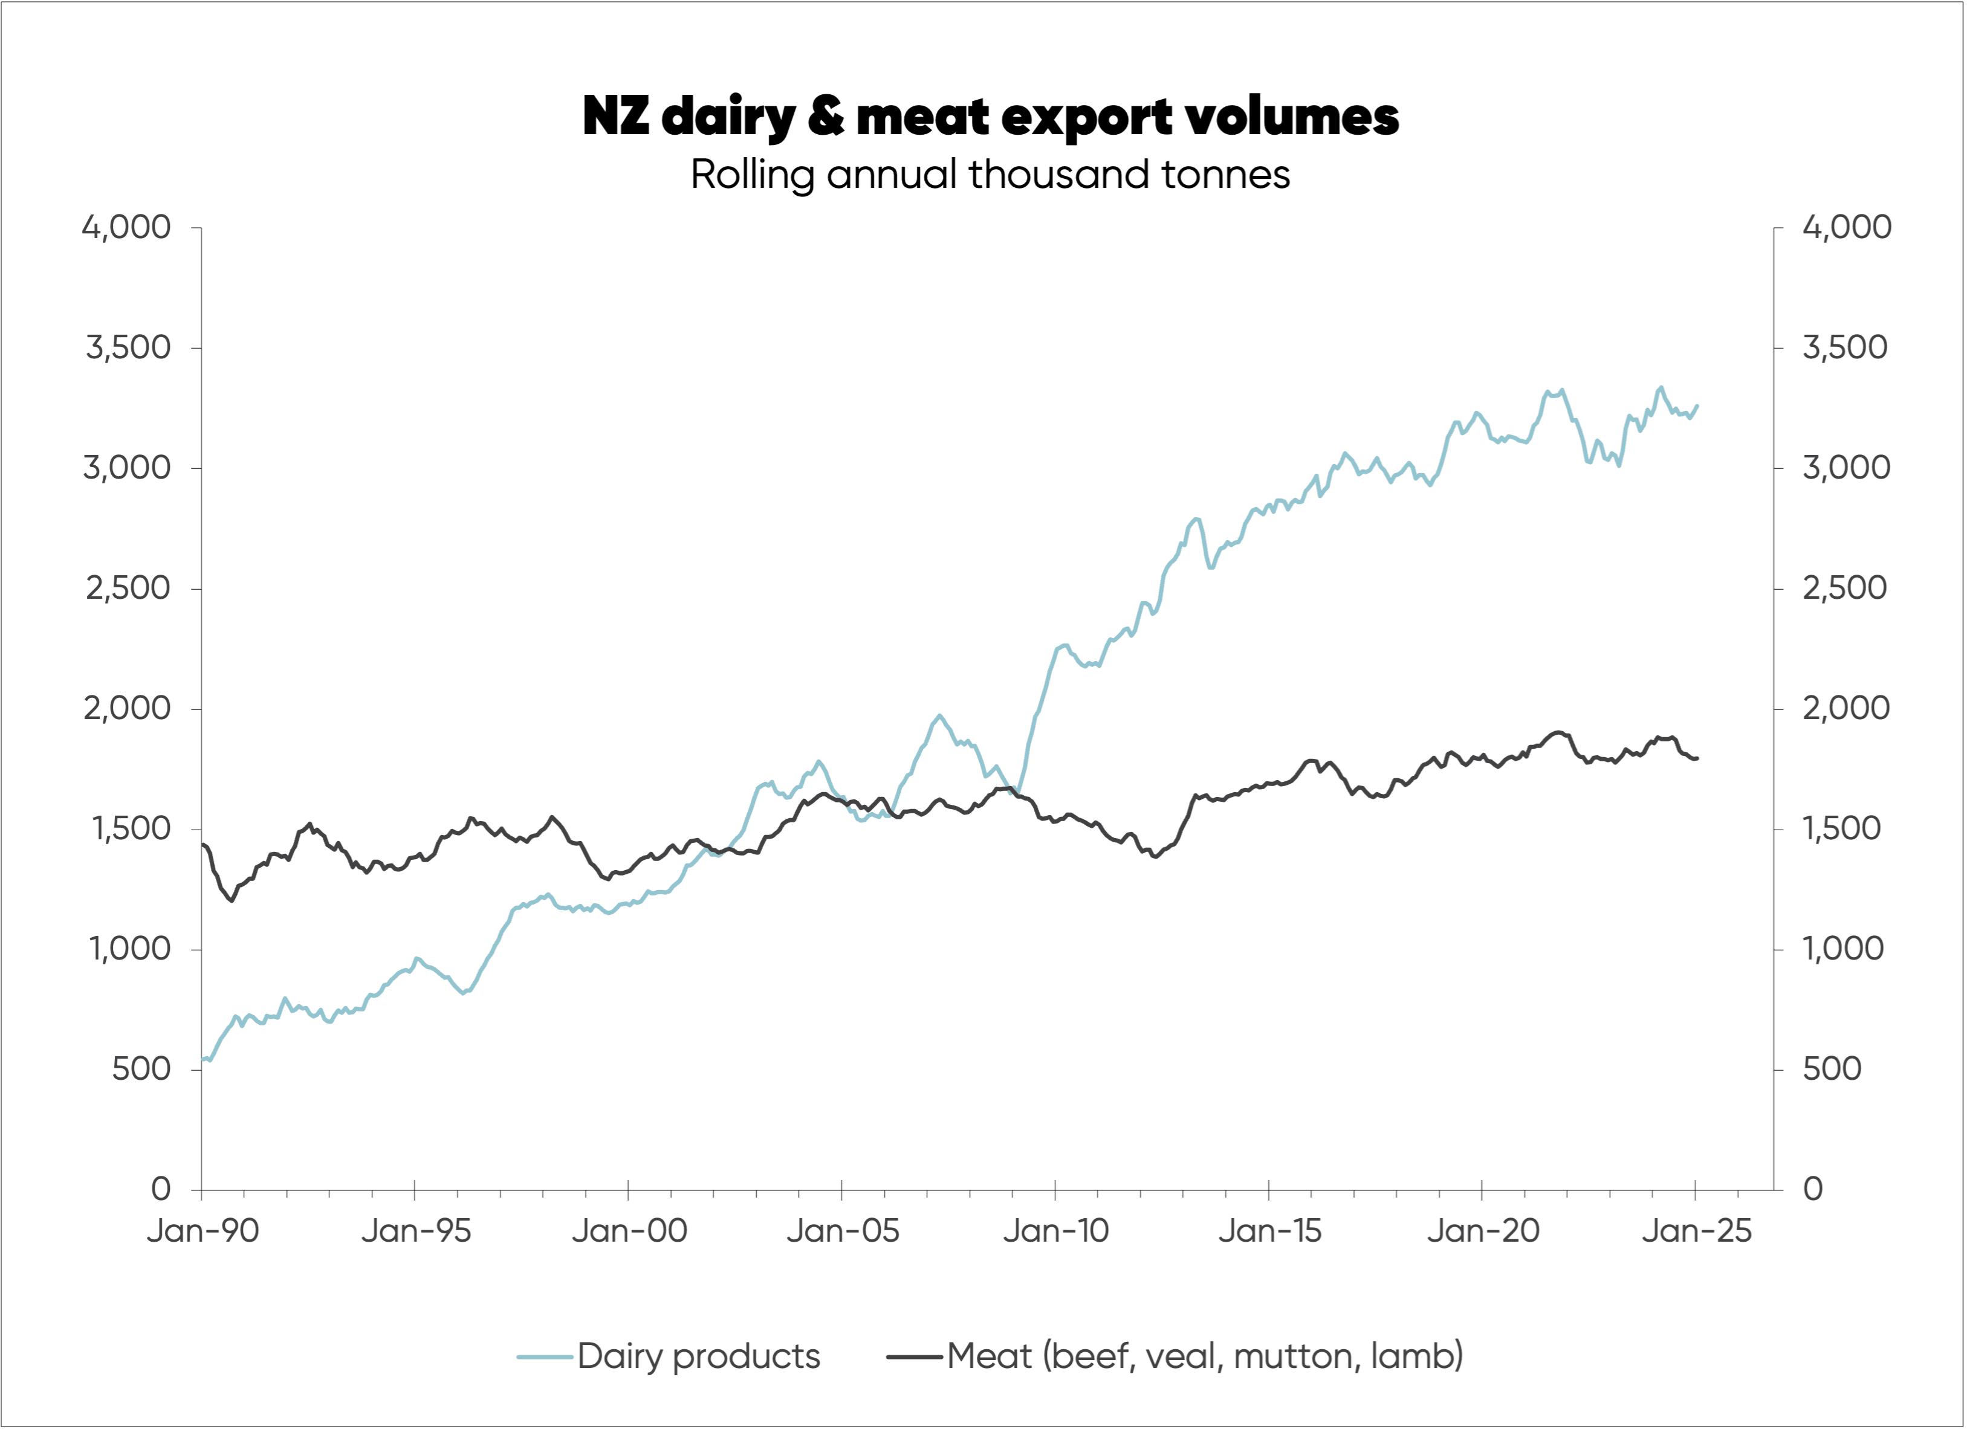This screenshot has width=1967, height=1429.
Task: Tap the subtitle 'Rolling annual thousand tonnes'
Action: coord(990,174)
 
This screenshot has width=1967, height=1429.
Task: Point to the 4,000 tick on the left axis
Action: coord(126,227)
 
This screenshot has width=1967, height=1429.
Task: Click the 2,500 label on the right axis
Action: coord(1845,588)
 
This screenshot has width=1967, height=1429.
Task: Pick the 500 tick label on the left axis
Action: coord(141,1068)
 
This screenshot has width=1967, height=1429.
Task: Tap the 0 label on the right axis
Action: coord(1813,1189)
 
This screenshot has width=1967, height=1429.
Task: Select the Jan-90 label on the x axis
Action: coord(203,1230)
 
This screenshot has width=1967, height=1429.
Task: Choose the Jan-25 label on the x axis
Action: coord(1696,1230)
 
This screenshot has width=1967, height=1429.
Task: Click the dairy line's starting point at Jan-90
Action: coord(203,1059)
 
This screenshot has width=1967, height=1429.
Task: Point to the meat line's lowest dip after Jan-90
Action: coord(232,900)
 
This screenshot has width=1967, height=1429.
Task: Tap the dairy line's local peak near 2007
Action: coord(939,715)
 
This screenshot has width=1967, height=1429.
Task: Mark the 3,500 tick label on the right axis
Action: coord(1845,347)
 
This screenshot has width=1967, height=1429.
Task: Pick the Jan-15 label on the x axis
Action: coord(1269,1230)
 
